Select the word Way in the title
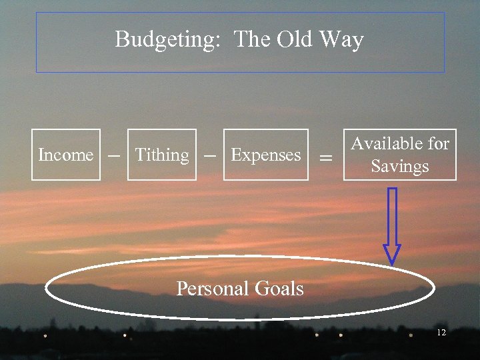point(341,40)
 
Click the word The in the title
point(252,39)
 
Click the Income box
point(66,155)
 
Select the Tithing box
point(162,155)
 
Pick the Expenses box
point(266,155)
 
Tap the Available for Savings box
point(400,155)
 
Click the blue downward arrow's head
point(392,253)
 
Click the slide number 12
point(441,332)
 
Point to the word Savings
point(400,166)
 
